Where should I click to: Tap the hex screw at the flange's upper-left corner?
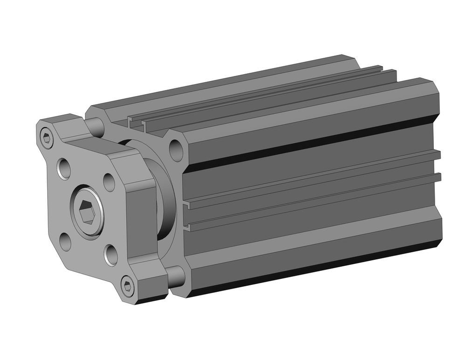click(46, 138)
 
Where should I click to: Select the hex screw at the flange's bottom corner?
click(127, 285)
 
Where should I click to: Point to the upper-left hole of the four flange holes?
click(64, 168)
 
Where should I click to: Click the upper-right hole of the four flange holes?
click(109, 182)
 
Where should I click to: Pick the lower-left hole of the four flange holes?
click(66, 242)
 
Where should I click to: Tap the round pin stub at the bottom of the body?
click(176, 276)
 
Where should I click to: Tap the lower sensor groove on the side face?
click(312, 201)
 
